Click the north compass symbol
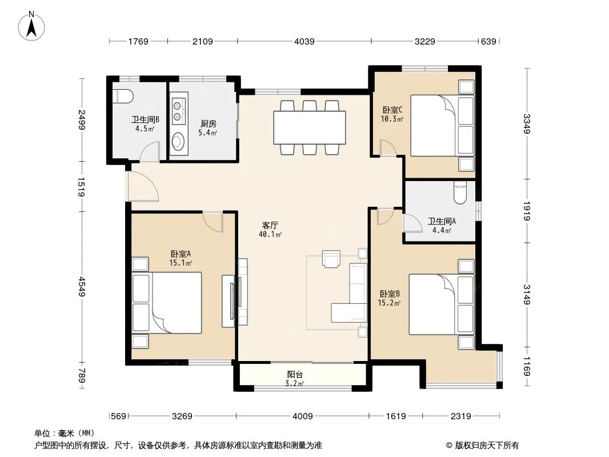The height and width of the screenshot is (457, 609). click(x=33, y=26)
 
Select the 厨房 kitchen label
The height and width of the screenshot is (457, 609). click(x=208, y=123)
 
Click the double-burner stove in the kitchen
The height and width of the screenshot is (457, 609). click(x=178, y=111)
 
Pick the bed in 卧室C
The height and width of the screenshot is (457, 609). click(x=437, y=125)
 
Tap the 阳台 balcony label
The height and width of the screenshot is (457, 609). click(x=295, y=375)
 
